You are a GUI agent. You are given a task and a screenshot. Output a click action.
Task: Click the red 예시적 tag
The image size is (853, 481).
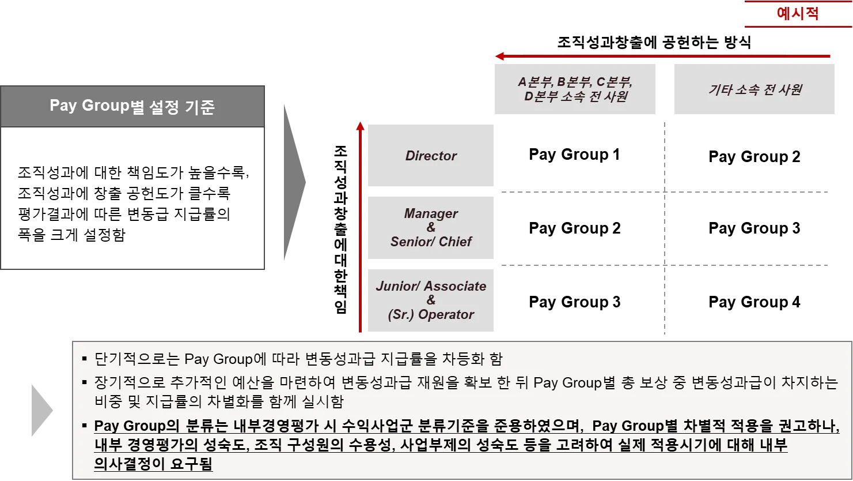[x=797, y=13]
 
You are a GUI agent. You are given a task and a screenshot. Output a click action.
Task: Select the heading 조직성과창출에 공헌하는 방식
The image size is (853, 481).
[x=654, y=42]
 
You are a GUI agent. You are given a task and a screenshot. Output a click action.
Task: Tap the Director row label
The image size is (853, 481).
[x=431, y=156]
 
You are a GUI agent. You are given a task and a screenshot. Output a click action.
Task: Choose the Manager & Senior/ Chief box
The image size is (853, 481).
[x=431, y=228]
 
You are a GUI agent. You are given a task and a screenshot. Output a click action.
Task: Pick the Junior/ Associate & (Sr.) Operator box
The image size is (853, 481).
[x=431, y=300]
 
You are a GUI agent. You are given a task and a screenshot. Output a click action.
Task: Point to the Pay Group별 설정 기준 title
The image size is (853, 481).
[x=132, y=107]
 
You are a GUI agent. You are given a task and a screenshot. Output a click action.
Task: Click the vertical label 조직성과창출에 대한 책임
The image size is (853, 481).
[x=341, y=229]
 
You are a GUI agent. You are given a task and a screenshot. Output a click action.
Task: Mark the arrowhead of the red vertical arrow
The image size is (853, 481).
[x=361, y=126]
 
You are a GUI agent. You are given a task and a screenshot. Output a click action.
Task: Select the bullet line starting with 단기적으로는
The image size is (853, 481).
[x=298, y=359]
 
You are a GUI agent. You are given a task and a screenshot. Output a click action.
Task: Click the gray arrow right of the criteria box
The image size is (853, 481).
[x=294, y=182]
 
